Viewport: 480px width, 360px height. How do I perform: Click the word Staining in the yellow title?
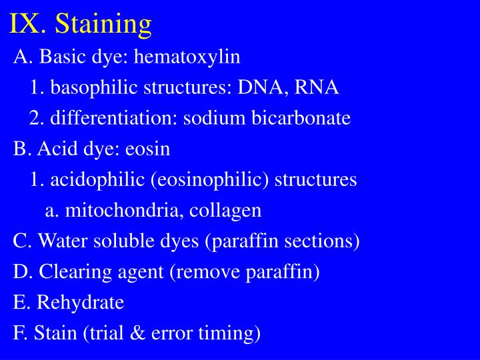103,24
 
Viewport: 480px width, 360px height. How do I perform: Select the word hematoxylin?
187,57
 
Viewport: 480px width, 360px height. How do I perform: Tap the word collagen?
225,211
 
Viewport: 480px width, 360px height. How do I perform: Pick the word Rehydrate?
81,303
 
